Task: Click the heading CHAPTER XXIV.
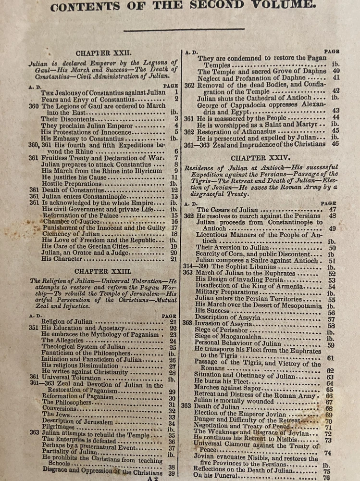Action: (260, 157)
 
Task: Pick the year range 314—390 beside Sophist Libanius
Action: (198, 266)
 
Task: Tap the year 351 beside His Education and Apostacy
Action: (33, 328)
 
